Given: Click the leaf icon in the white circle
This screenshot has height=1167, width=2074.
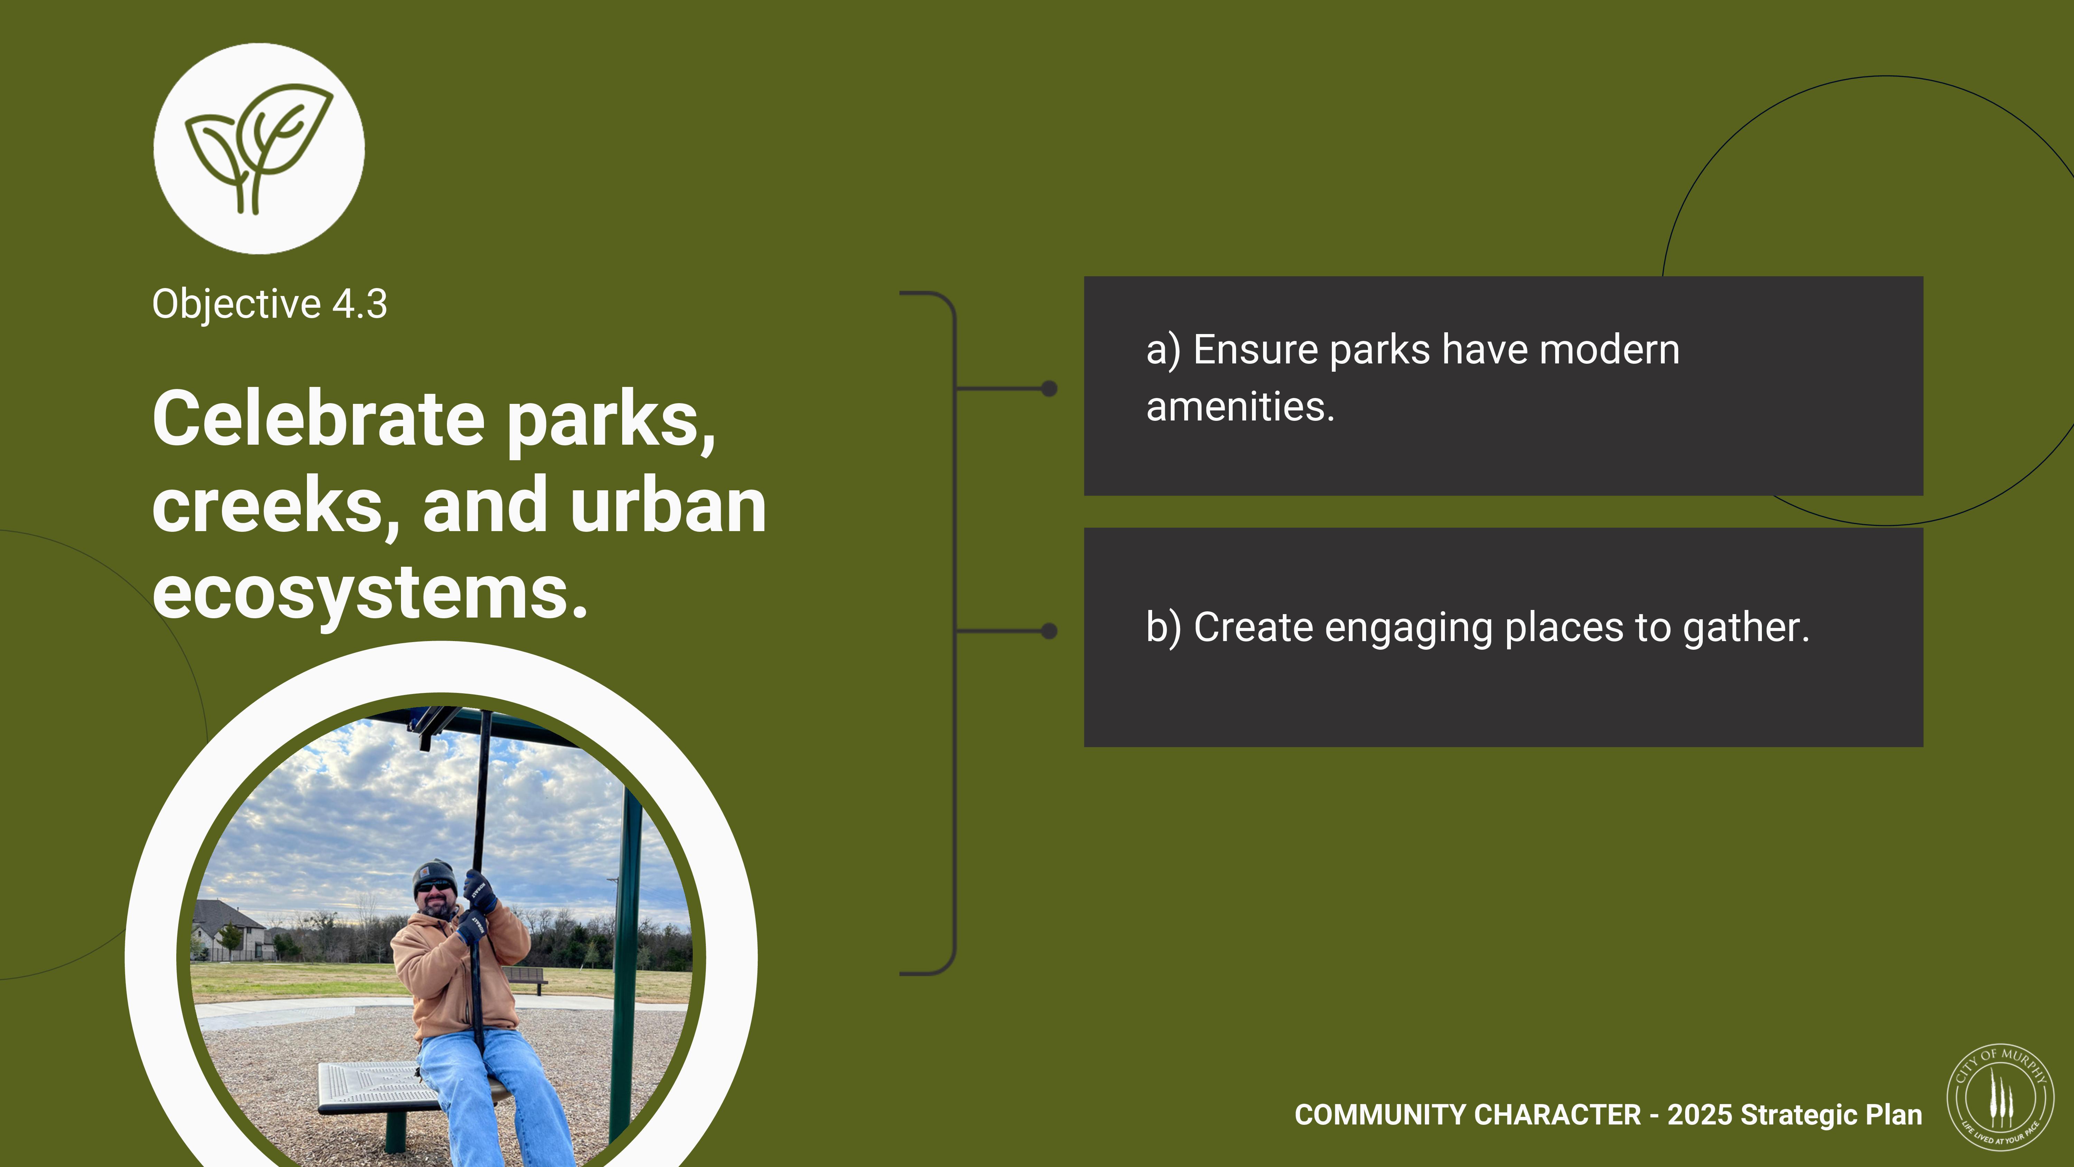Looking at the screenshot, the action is (259, 149).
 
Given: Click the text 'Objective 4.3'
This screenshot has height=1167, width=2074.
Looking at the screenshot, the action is (270, 304).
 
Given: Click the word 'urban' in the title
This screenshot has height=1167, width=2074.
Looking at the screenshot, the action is (668, 505).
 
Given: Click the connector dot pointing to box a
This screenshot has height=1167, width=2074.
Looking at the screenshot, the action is (1049, 389).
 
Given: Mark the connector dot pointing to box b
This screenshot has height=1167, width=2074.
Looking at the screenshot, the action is (1049, 631).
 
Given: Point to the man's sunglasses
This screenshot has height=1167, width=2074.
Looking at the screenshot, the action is (435, 886).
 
